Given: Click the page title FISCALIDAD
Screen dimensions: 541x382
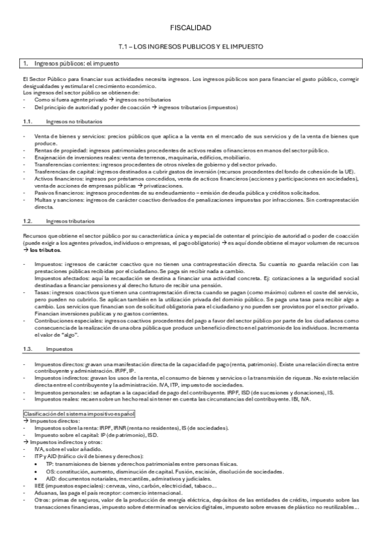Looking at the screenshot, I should (x=191, y=28).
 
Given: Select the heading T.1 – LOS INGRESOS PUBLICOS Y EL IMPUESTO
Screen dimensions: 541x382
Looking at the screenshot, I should (x=191, y=47).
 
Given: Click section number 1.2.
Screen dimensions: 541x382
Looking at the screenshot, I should (x=27, y=221).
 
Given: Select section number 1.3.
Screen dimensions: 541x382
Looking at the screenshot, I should (x=27, y=350).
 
